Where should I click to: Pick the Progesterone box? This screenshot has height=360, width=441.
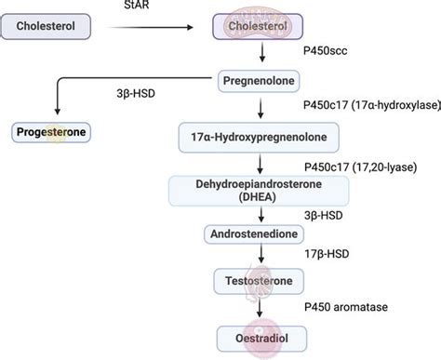51,132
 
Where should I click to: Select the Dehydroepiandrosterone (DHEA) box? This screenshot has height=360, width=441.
254,192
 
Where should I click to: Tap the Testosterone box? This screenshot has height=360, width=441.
254,281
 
